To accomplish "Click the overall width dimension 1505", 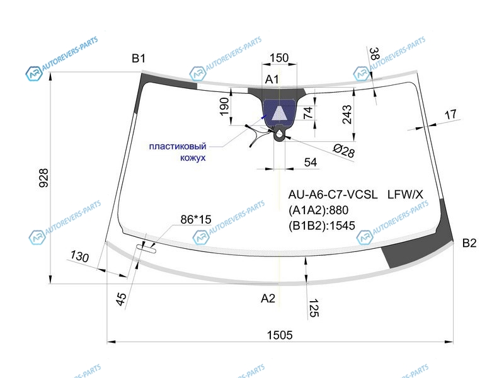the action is point(280,335).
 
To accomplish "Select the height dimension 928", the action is point(43,178).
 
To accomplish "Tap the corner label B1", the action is point(139,59).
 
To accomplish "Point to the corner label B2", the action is point(469,243).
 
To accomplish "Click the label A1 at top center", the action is point(272,79).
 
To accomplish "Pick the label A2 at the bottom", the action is point(268,298).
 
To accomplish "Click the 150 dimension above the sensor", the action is point(279,58).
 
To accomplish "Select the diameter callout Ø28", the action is point(343,151).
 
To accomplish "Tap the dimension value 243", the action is point(347,115).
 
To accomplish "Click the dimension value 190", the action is point(224,106).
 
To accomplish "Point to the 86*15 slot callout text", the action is point(196,219).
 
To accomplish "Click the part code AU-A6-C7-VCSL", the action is point(333,195).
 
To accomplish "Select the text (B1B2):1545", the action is point(322,226).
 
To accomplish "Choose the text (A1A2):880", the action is point(318,210).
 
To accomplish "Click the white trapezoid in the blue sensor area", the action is point(278,113).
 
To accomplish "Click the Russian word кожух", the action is point(193,158).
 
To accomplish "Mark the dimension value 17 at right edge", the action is point(450,115).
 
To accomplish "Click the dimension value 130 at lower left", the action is point(79,256).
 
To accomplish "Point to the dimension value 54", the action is point(311,163).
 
